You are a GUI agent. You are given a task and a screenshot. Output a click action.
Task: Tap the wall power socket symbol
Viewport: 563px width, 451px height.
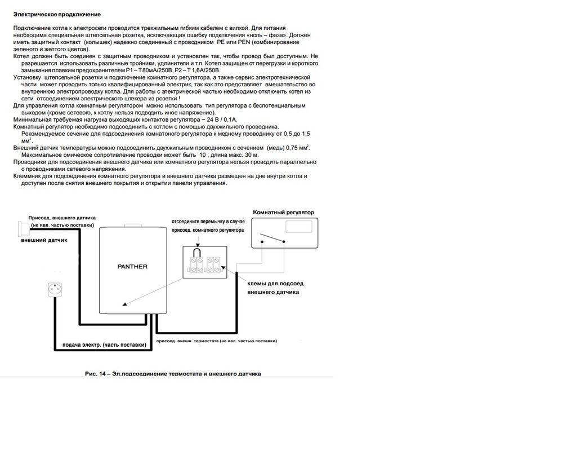pyautogui.click(x=50, y=292)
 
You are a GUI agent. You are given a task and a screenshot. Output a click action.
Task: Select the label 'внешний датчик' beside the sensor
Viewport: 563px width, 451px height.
pyautogui.click(x=44, y=240)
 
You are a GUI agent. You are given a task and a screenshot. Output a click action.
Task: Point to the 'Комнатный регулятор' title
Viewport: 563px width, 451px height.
pyautogui.click(x=284, y=212)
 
